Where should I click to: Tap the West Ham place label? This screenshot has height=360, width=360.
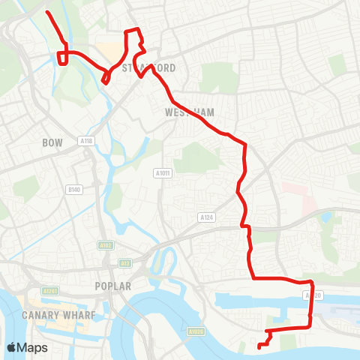[189, 112]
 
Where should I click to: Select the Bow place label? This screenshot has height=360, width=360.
[52, 142]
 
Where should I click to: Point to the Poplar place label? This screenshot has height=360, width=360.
[113, 286]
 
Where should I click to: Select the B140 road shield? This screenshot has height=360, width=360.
[73, 190]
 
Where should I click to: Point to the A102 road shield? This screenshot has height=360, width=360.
[105, 245]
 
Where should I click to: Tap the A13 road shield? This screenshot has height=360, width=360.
[124, 262]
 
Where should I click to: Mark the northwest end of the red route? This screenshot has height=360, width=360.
[47, 13]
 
